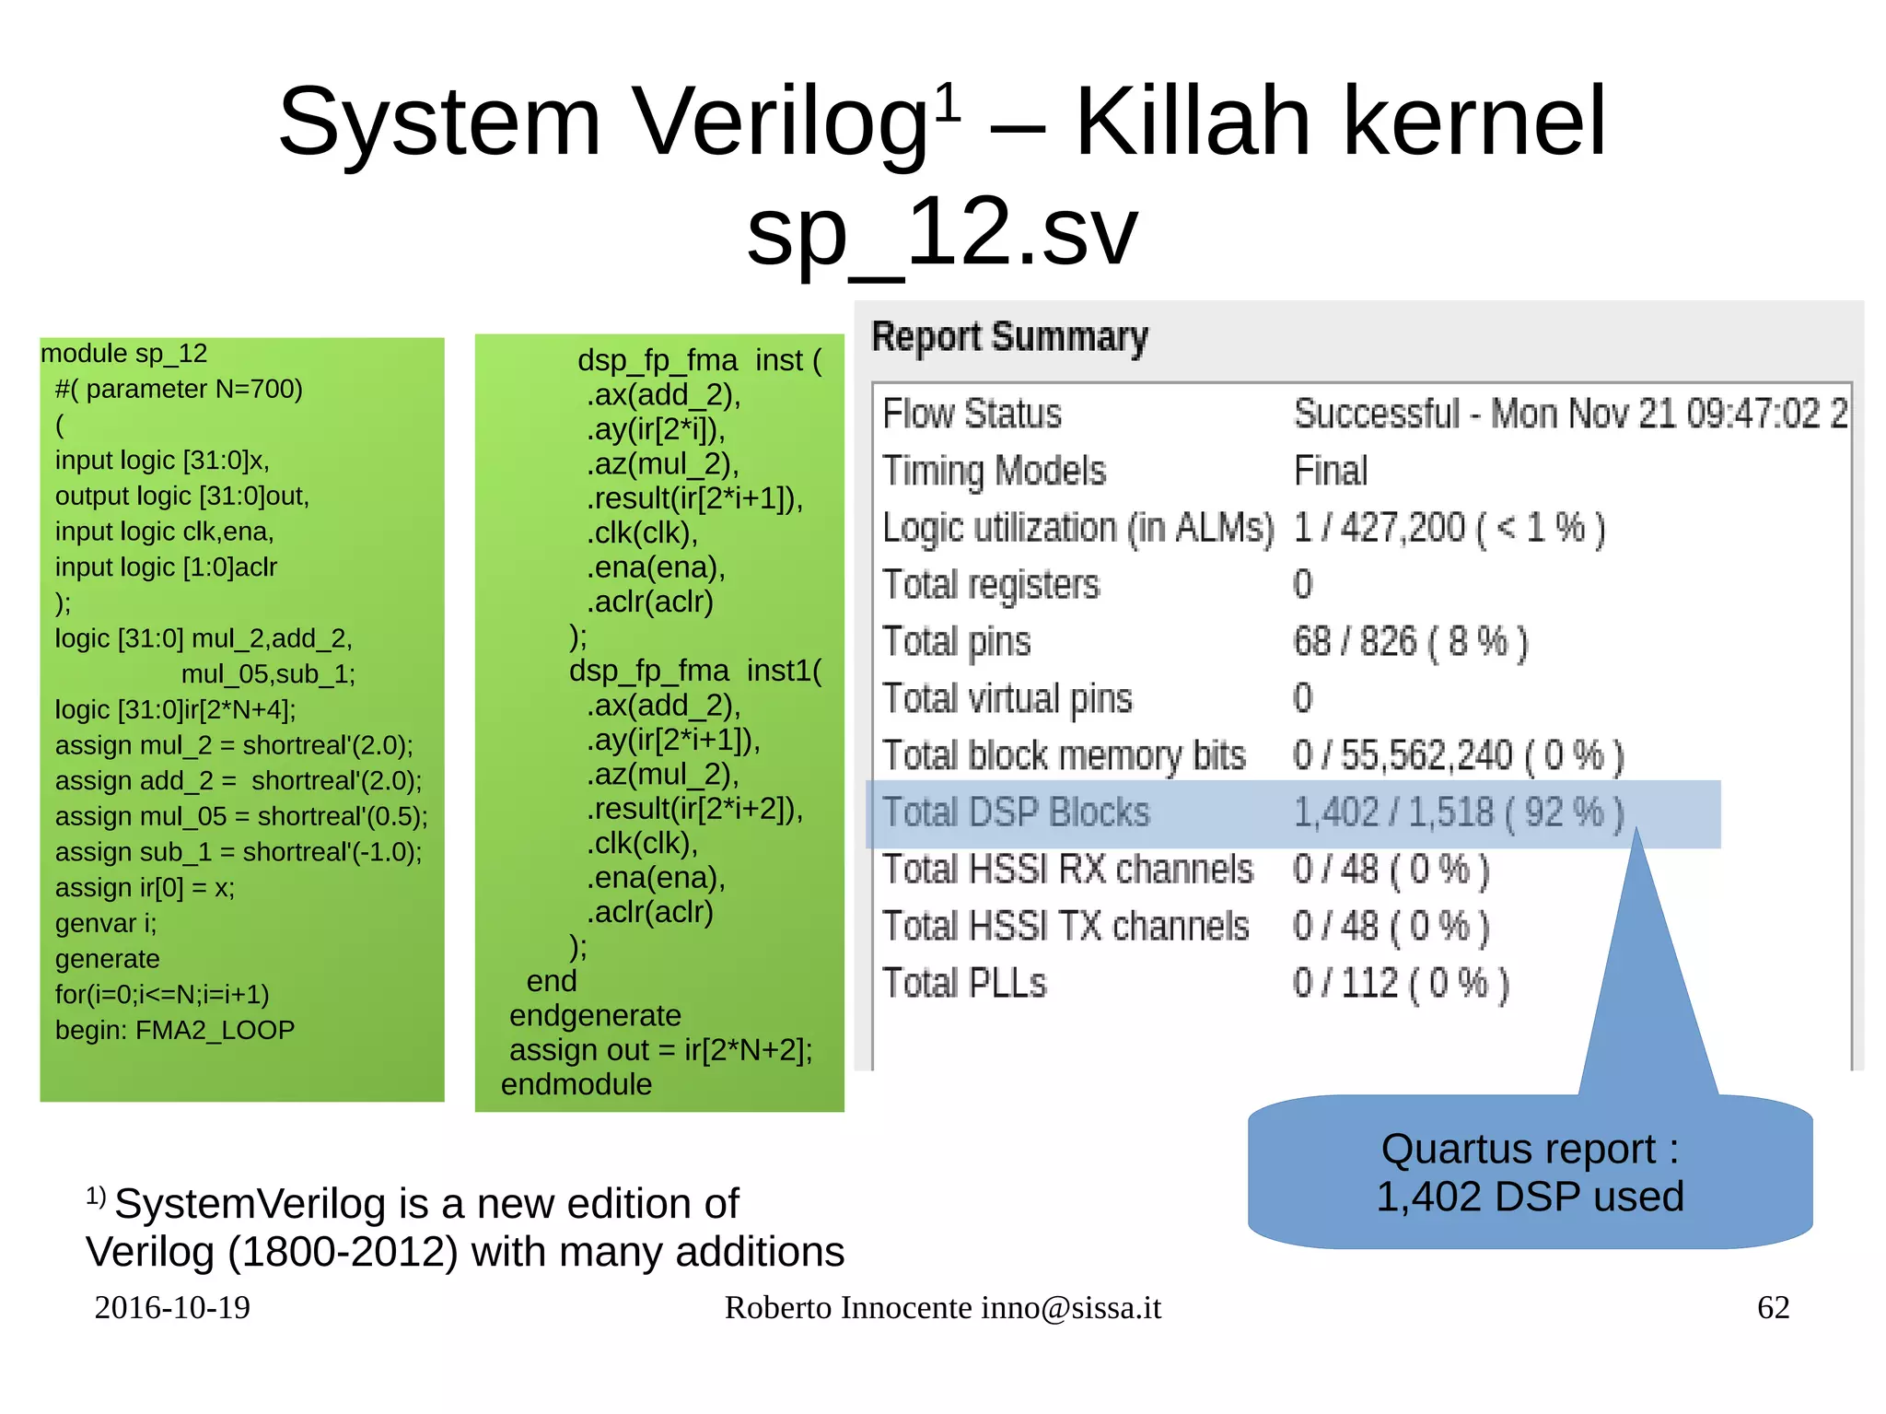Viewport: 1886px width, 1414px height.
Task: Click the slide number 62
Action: (x=1773, y=1307)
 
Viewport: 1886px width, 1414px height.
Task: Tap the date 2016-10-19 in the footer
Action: (x=172, y=1307)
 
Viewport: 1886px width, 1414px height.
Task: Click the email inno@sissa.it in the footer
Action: (x=1070, y=1307)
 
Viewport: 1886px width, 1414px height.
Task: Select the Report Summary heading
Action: (x=1009, y=337)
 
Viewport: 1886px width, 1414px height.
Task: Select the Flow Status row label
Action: (x=972, y=414)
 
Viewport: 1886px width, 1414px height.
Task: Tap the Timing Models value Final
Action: (x=1330, y=471)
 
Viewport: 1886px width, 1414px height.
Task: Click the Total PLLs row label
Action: (x=964, y=984)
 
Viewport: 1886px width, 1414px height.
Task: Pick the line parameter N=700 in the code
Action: (x=180, y=389)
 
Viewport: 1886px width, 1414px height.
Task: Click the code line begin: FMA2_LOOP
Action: (x=175, y=1030)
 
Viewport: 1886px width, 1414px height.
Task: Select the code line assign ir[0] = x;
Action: (x=145, y=888)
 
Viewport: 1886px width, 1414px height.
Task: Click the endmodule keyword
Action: (x=576, y=1084)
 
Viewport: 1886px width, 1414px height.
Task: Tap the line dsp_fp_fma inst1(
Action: (x=695, y=671)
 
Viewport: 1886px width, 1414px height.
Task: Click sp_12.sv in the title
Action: (x=942, y=233)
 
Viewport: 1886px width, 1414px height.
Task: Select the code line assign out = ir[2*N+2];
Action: (x=660, y=1050)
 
